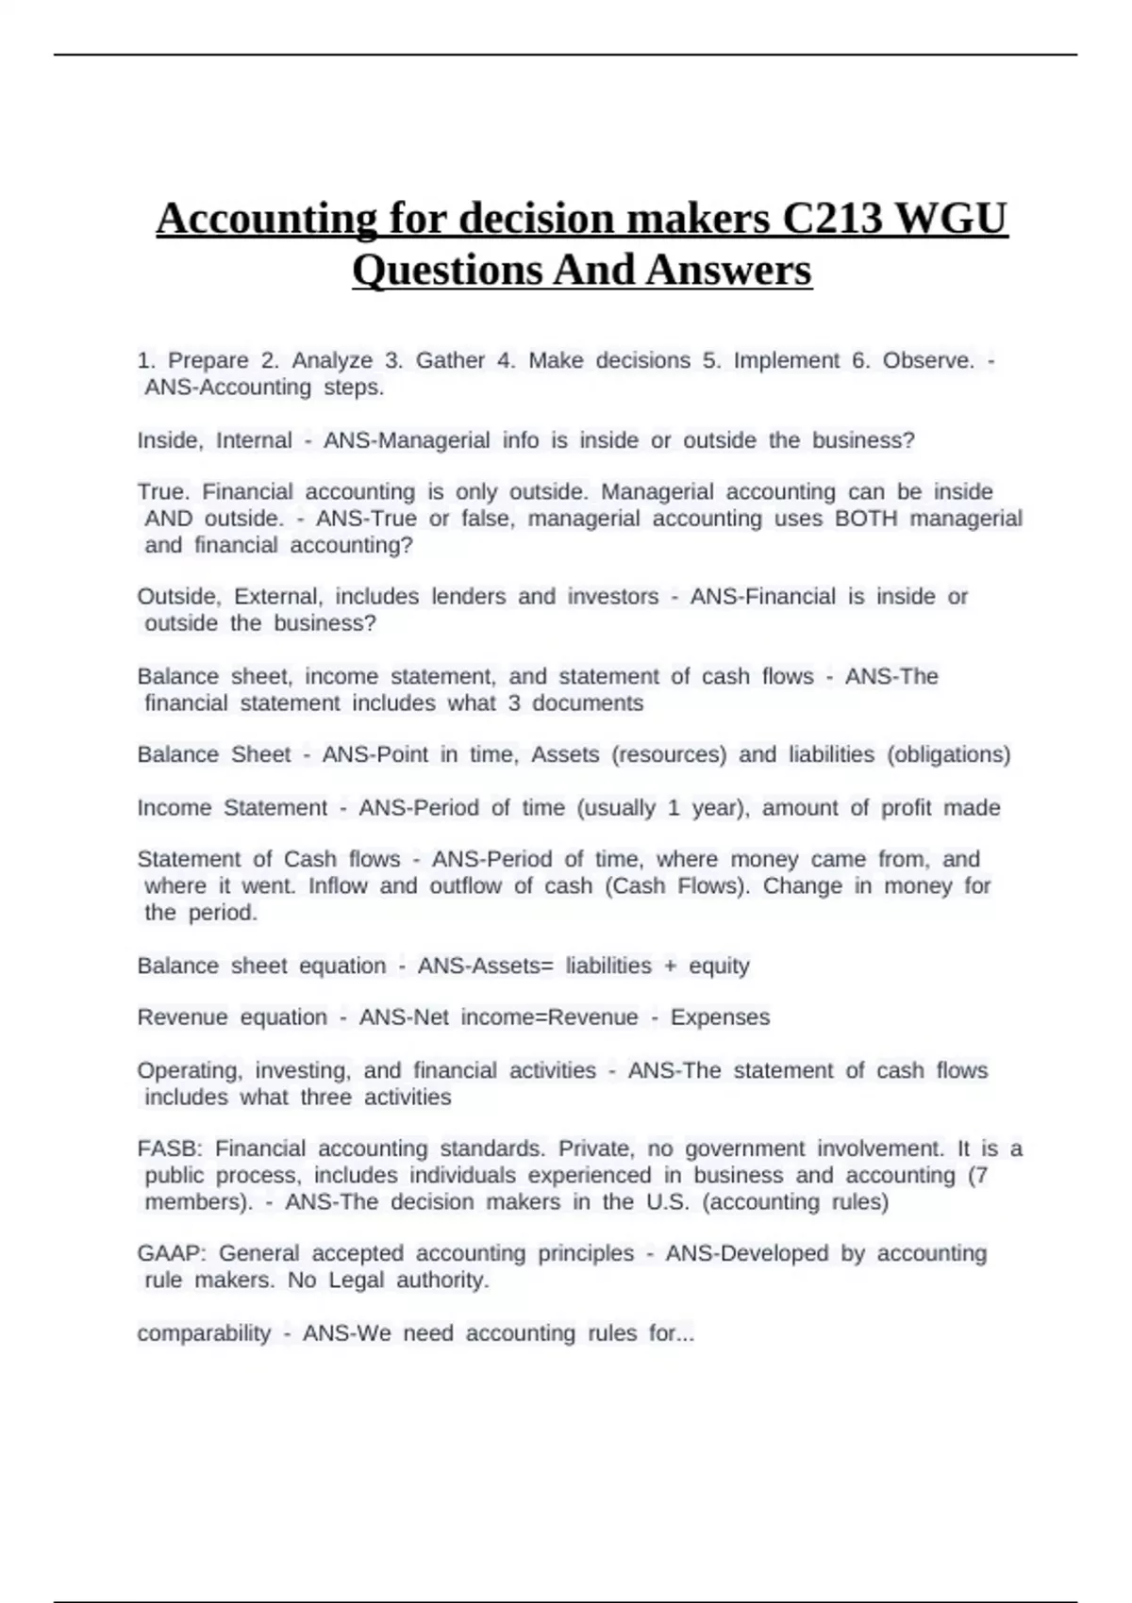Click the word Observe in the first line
[928, 360]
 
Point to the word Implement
[787, 360]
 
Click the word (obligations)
[948, 754]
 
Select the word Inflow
[338, 886]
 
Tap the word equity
[719, 966]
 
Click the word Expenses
[720, 1017]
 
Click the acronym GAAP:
[172, 1253]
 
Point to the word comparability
[204, 1333]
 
